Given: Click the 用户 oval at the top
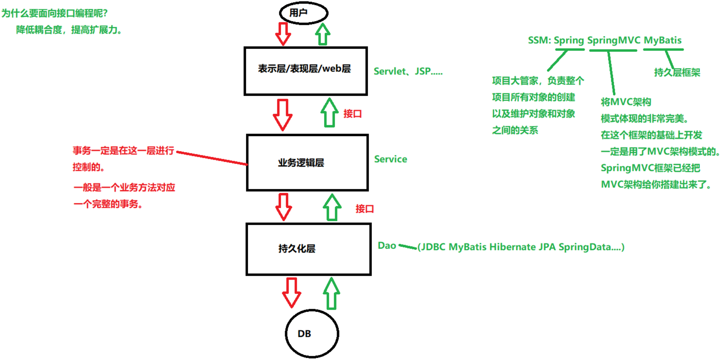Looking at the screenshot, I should pos(304,13).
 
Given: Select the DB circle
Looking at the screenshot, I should pos(312,334).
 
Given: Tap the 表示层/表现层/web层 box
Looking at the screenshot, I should pos(306,71).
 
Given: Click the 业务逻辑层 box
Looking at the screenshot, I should pos(307,163).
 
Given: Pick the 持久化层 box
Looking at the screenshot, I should pos(308,249).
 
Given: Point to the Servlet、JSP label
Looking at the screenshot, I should pos(408,71).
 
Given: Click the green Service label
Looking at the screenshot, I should pos(390,159).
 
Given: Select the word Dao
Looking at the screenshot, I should pos(387,246).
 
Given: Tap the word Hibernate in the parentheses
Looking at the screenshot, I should pos(511,247).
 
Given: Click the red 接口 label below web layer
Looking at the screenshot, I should pos(353,114).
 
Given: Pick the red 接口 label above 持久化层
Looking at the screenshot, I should pos(365,209).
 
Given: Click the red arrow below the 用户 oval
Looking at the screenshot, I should pos(283,34).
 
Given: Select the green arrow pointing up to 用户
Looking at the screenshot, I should pos(322,34).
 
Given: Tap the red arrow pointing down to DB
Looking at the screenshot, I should pos(292,292).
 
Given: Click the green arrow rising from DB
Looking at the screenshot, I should pos(331,293).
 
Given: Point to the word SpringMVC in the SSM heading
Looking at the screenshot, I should pos(614,40).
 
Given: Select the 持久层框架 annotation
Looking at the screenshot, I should pos(677,73).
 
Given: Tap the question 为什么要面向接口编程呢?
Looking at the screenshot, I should pos(54,13).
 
